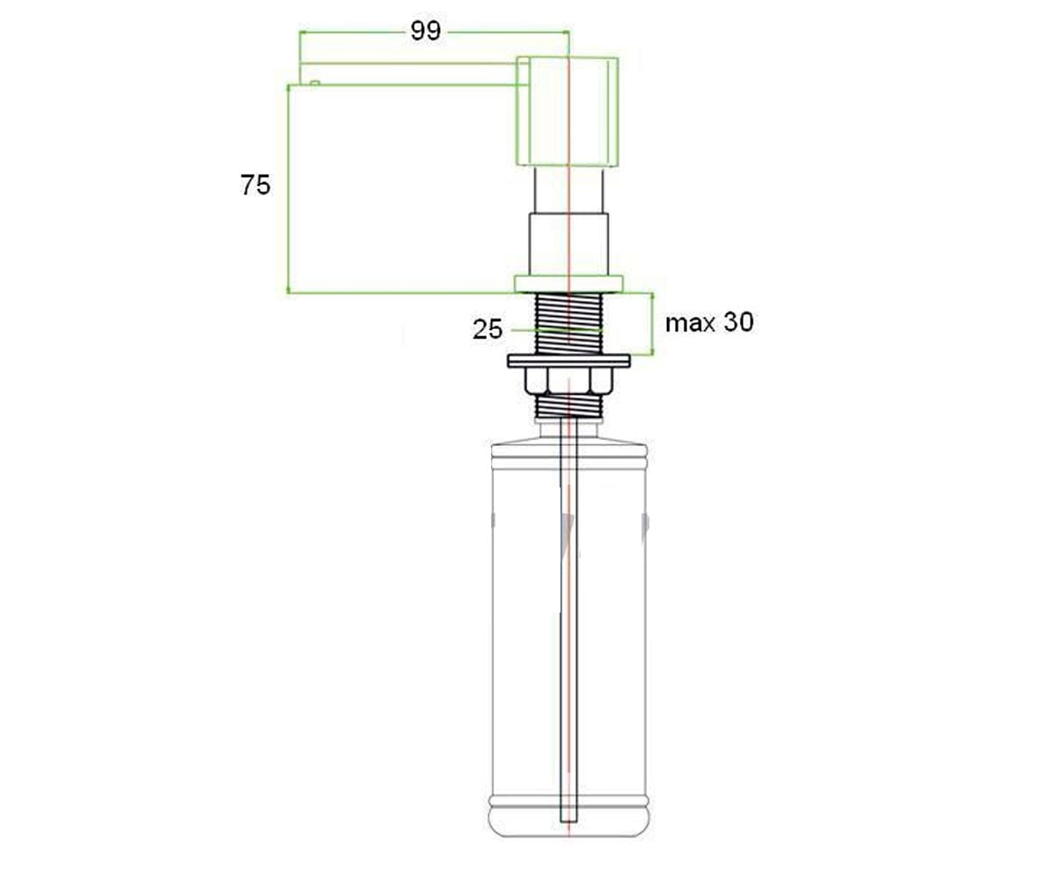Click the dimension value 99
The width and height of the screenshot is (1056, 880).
[x=425, y=31]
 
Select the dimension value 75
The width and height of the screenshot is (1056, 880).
[x=255, y=185]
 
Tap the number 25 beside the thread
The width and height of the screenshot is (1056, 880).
[x=488, y=329]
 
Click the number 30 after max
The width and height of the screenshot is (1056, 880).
[x=738, y=322]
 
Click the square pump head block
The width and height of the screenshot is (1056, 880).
[x=567, y=111]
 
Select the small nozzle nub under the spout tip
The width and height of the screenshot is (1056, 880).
[x=314, y=83]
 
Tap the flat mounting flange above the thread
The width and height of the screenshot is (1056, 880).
[x=568, y=283]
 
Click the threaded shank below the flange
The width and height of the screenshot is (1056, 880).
[x=568, y=324]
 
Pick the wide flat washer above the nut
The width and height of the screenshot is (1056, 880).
[x=568, y=361]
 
